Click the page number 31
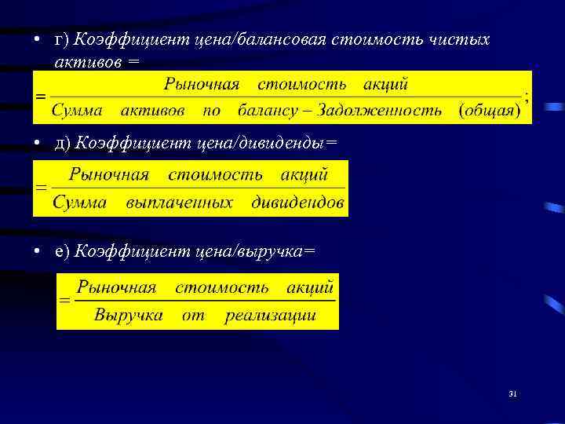(x=512, y=393)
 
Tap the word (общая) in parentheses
(x=489, y=111)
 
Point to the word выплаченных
(x=180, y=203)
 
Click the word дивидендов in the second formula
(x=297, y=203)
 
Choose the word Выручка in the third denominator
(x=128, y=316)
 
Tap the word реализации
(x=270, y=316)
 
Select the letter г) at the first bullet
(x=62, y=39)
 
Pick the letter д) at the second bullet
(x=62, y=142)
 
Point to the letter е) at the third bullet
(x=62, y=250)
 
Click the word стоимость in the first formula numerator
(x=305, y=82)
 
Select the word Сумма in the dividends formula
(x=80, y=203)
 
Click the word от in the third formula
(x=193, y=316)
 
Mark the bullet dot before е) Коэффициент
(x=37, y=251)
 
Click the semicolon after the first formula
(x=527, y=99)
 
